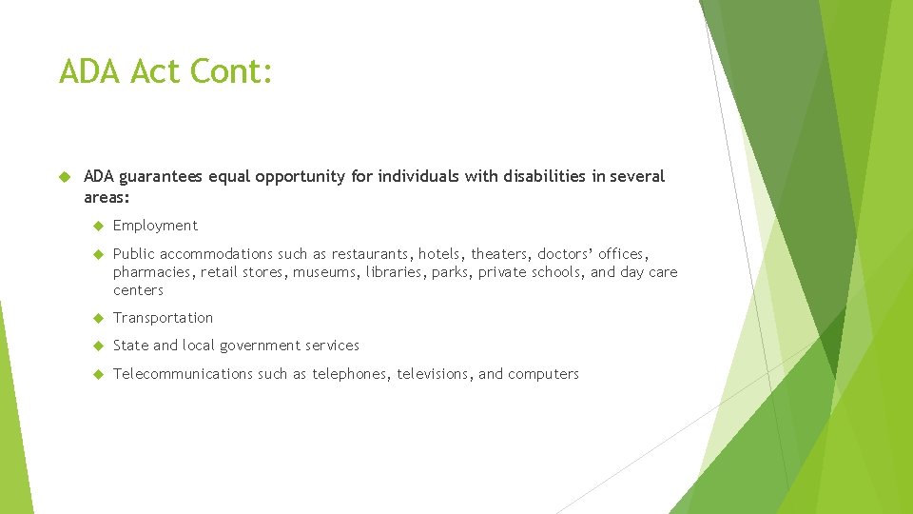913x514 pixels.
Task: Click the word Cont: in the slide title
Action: pyautogui.click(x=232, y=71)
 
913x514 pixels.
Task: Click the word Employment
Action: pyautogui.click(x=155, y=226)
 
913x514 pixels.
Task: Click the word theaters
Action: pyautogui.click(x=498, y=254)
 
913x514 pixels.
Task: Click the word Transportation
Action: pyautogui.click(x=163, y=318)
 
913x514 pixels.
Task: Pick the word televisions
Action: pyautogui.click(x=433, y=374)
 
